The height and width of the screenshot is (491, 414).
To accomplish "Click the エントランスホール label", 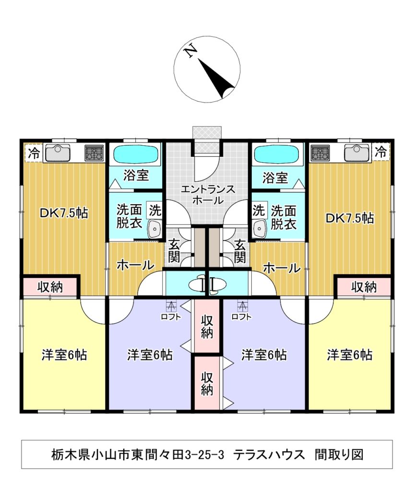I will (207, 194).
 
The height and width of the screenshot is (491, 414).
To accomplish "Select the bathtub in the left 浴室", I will (136, 155).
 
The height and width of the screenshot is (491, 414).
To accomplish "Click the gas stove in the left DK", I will (95, 153).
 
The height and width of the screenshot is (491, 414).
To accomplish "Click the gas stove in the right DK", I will (320, 153).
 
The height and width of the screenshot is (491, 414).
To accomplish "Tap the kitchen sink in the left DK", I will (58, 153).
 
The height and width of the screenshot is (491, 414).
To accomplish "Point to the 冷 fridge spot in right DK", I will (380, 152).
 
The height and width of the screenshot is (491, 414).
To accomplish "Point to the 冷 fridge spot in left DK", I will (34, 153).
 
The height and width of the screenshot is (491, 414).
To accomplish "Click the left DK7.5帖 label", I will (64, 213).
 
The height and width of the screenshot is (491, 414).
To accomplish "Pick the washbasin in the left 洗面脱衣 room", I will (154, 229).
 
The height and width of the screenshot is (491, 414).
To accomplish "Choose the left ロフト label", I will (171, 316).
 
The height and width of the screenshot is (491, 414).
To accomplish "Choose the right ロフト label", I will (240, 316).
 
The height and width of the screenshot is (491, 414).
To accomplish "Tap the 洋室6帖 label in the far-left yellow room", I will (64, 355).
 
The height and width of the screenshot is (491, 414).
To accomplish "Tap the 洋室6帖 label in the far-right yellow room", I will (350, 355).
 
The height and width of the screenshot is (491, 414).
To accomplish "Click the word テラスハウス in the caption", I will (269, 454).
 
